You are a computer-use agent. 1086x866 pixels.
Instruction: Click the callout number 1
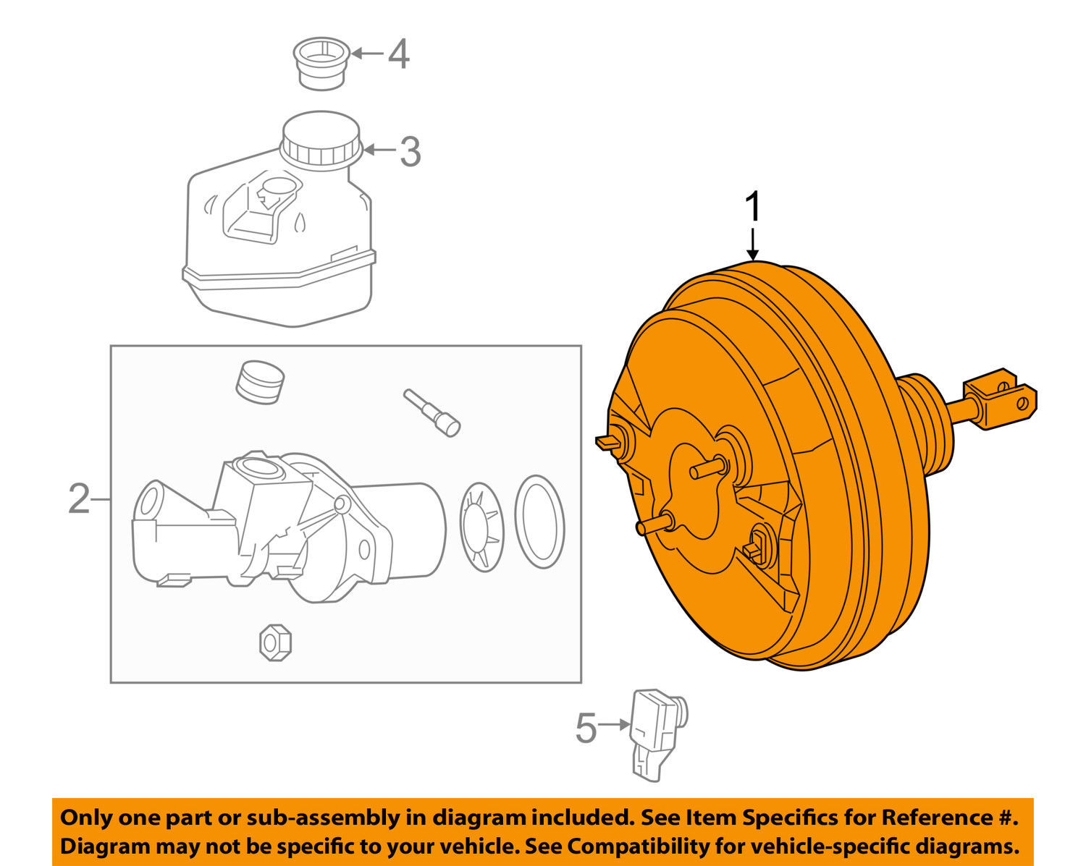click(x=754, y=208)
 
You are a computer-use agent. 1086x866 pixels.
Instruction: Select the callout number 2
click(x=78, y=499)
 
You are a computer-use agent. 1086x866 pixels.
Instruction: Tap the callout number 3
click(x=410, y=152)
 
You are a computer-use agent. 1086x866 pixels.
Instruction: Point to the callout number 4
click(x=399, y=54)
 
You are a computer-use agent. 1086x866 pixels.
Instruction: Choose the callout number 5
click(x=586, y=727)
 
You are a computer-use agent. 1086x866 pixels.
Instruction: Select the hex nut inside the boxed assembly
click(x=275, y=641)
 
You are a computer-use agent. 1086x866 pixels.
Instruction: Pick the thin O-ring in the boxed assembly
click(x=539, y=522)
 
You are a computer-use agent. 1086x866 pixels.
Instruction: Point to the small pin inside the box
click(x=432, y=412)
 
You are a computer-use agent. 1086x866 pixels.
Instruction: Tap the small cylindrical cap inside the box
click(x=260, y=381)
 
